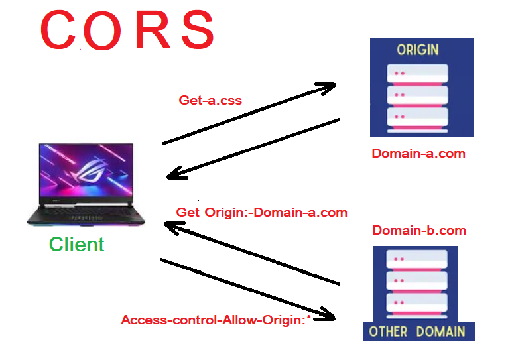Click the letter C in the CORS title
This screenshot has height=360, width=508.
click(60, 31)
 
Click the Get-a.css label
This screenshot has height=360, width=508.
click(210, 101)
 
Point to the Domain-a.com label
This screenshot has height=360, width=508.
click(418, 154)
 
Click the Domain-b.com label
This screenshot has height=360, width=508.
click(419, 231)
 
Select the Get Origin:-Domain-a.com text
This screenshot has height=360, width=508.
click(261, 213)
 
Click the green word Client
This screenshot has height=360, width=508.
click(76, 245)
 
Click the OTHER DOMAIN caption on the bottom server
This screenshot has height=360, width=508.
click(418, 331)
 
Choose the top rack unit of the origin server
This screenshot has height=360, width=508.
click(422, 72)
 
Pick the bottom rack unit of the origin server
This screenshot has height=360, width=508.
click(422, 117)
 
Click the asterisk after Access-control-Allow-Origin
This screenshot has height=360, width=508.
click(309, 318)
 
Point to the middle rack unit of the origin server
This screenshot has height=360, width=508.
click(422, 94)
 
